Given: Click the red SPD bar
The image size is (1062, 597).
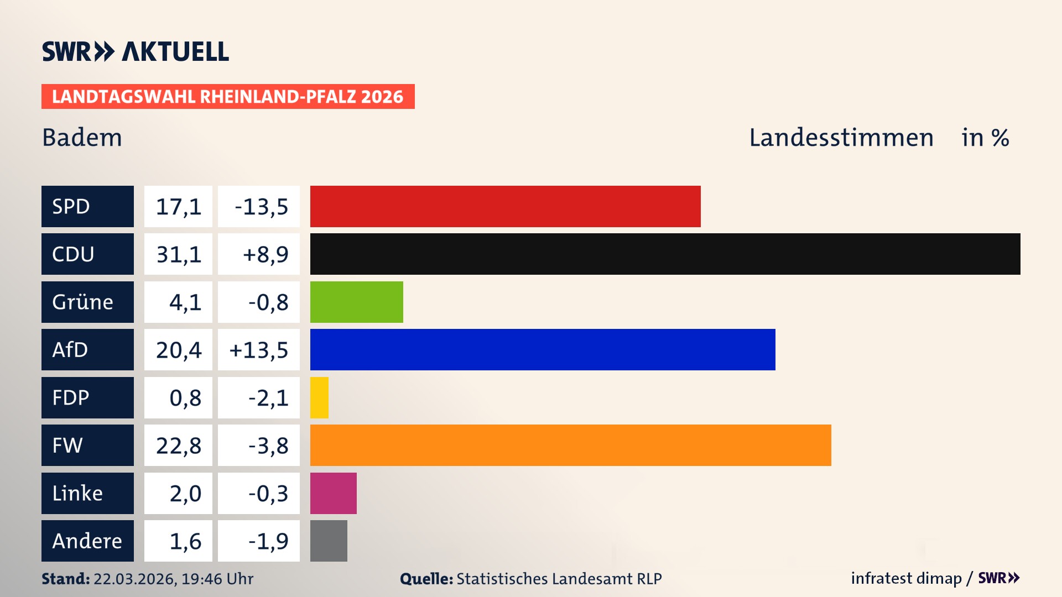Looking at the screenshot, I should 505,206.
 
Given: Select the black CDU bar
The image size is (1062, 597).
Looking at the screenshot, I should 665,254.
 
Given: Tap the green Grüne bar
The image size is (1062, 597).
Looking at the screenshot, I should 356,302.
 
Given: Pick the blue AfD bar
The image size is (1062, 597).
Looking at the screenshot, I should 542,349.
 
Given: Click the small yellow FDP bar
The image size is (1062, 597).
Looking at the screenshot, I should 319,397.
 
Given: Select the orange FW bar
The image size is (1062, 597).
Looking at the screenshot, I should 570,445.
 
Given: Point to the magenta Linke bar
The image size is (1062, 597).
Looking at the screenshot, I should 333,493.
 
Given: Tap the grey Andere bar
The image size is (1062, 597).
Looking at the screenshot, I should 329,541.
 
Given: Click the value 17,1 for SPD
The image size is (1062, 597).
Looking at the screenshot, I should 178,206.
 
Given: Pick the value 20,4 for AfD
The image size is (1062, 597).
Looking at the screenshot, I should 178,349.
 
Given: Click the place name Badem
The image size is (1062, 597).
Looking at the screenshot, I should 82,138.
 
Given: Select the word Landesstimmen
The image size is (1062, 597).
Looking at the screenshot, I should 841,138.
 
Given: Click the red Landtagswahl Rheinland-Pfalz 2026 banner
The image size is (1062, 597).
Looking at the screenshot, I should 228,96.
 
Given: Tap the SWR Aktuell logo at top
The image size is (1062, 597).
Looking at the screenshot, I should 135,51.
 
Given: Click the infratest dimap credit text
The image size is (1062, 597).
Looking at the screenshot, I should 906,578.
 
